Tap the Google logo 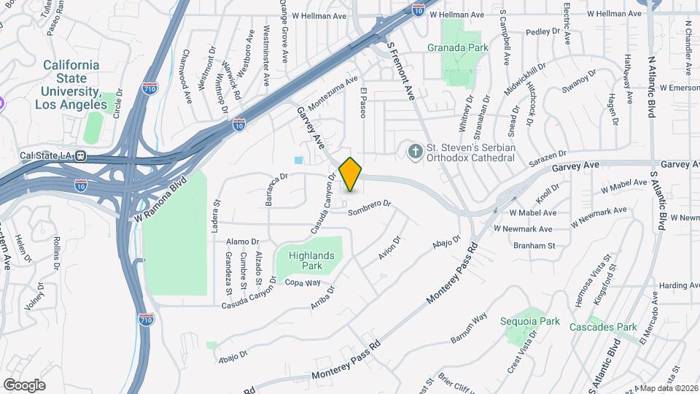pyautogui.click(x=24, y=385)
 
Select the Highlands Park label pyautogui.click(x=311, y=260)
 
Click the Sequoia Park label pyautogui.click(x=530, y=321)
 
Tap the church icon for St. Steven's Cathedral pyautogui.click(x=415, y=152)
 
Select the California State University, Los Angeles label pyautogui.click(x=71, y=85)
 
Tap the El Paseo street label pyautogui.click(x=362, y=104)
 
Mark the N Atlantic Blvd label pyautogui.click(x=652, y=88)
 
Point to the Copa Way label pyautogui.click(x=303, y=282)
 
